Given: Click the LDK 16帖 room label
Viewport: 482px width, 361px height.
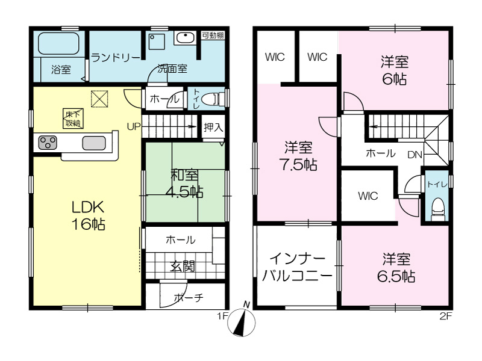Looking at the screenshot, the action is tap(88, 216).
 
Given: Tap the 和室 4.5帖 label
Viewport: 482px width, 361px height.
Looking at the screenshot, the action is tap(184, 184).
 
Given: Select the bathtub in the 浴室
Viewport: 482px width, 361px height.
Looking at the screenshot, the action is tap(58, 43).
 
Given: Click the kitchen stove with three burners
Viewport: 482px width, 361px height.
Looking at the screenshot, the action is tap(48, 143).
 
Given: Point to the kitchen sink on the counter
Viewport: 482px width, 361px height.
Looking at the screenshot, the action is tap(94, 143).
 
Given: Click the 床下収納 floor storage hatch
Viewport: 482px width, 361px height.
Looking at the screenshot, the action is tap(74, 119).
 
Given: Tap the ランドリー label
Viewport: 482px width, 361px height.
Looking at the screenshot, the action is tap(116, 57).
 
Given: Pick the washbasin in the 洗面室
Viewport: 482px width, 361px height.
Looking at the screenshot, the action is tap(184, 38).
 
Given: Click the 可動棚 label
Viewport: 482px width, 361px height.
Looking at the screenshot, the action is tap(213, 35).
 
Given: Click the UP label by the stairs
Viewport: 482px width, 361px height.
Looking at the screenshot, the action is tap(134, 126).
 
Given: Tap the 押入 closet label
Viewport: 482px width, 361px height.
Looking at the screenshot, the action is tap(213, 127).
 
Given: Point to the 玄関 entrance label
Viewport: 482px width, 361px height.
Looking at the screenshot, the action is tap(183, 266).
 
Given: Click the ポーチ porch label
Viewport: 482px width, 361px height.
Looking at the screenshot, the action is tap(189, 297).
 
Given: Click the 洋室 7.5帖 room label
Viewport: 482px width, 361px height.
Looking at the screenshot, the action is tap(298, 156).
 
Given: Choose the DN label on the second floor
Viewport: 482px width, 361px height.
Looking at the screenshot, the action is tap(415, 155).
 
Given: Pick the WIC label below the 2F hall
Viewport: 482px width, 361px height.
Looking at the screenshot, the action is tap(368, 196).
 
